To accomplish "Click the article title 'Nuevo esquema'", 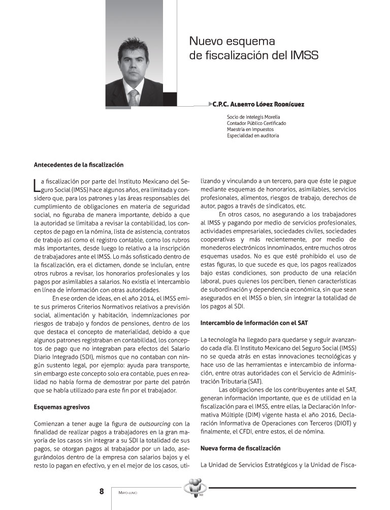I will [232, 40].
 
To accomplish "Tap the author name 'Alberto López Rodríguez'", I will [268, 104].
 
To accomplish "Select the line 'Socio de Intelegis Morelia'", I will [253, 117].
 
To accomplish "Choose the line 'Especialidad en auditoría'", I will [253, 136].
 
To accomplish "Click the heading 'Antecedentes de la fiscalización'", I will [78, 165].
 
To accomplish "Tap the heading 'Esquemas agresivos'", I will [61, 407].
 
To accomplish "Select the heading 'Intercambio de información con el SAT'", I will [254, 323].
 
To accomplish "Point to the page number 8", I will [102, 491].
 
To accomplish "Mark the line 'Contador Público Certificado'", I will [256, 123].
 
